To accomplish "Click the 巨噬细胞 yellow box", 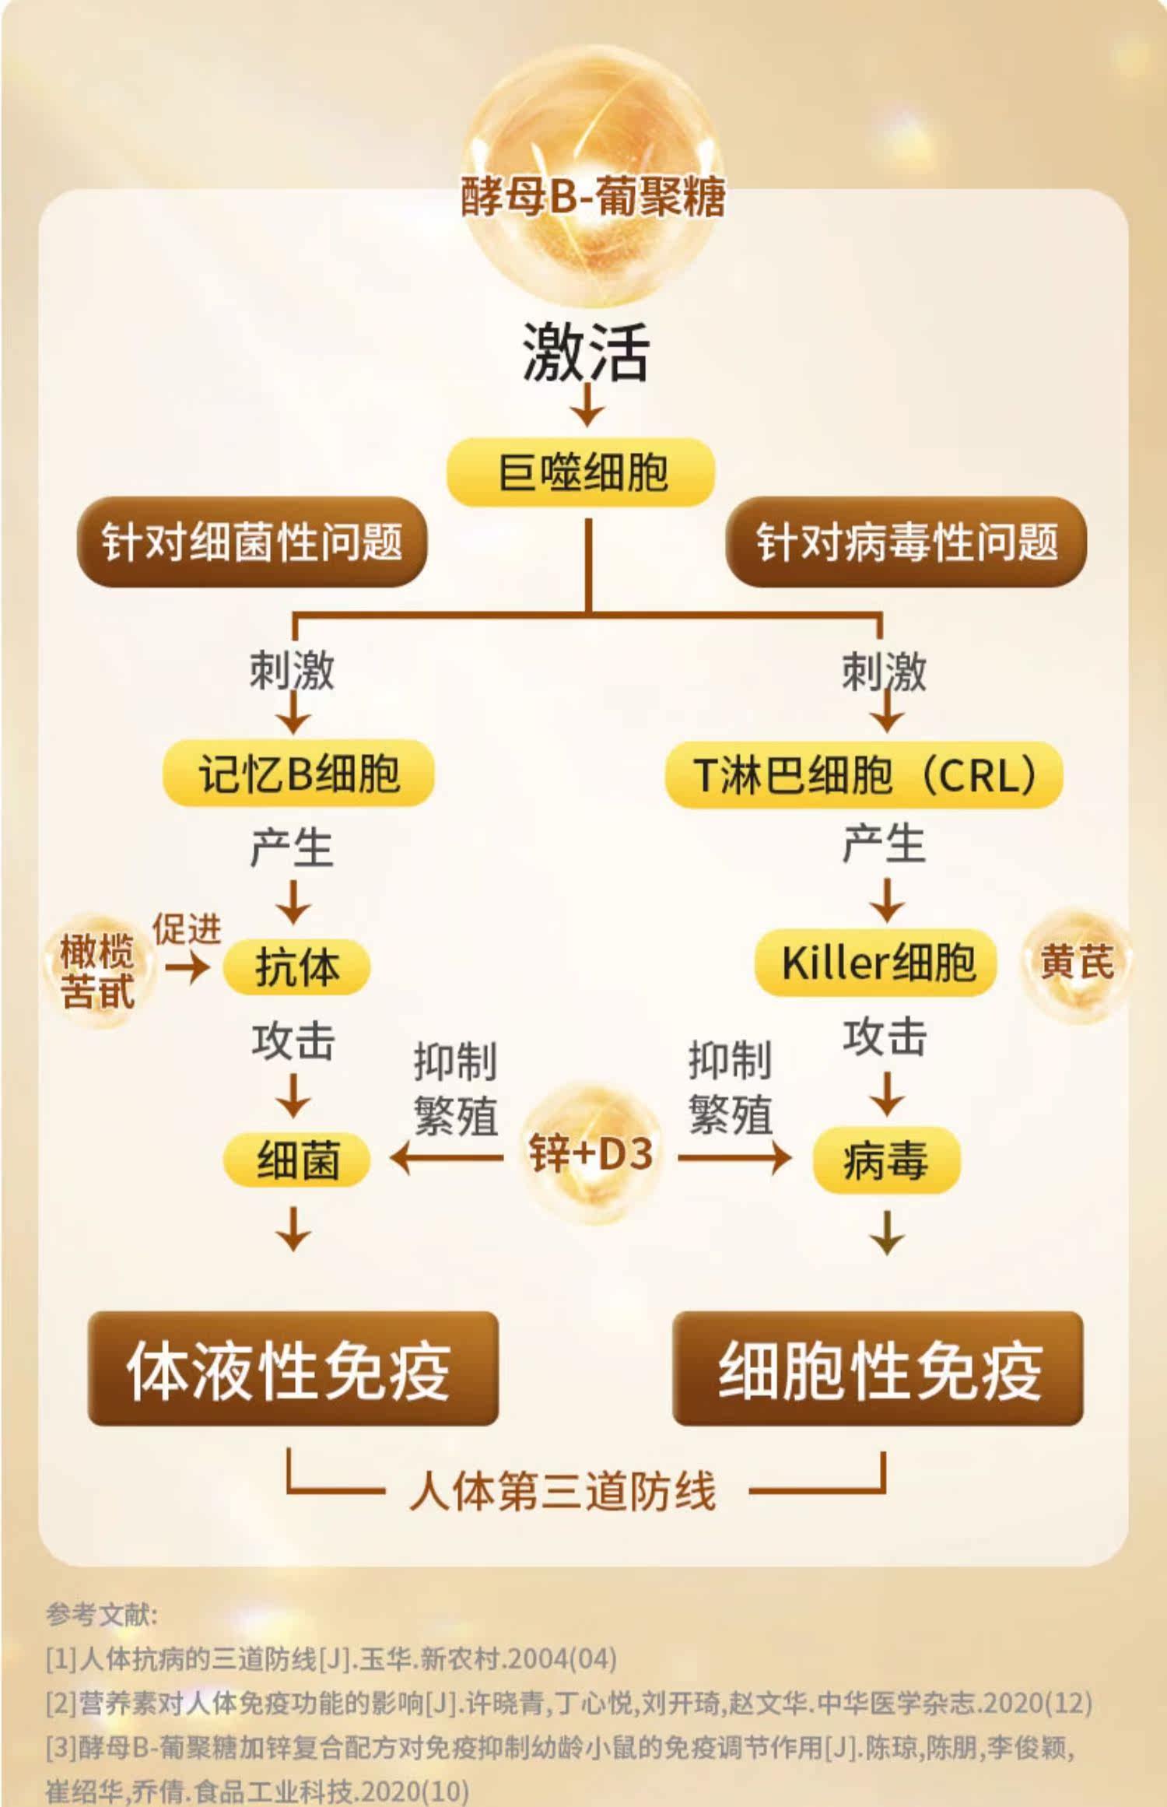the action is click(580, 472).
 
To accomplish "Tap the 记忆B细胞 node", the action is click(298, 774).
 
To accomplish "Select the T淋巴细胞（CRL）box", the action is click(864, 775).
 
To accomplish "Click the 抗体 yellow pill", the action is click(296, 967).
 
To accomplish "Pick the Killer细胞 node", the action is click(876, 963).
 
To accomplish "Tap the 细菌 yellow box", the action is click(296, 1160).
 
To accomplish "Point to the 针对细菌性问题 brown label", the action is click(252, 542).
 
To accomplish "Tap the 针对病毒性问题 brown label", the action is click(906, 542).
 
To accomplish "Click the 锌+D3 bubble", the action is click(591, 1153).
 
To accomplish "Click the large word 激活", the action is click(585, 352).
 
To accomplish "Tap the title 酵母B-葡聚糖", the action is click(593, 196).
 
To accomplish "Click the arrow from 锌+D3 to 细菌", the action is click(447, 1159).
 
